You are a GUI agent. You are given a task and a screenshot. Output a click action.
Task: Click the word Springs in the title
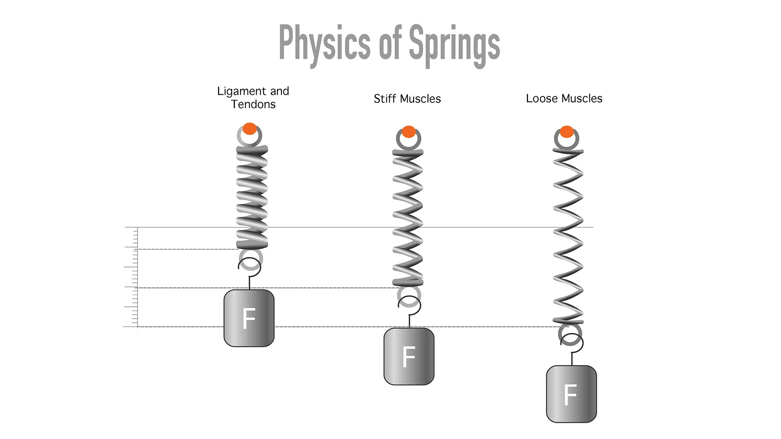click(454, 45)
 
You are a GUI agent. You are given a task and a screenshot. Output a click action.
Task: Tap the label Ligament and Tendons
click(253, 98)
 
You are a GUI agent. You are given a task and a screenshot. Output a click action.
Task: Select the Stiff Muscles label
click(407, 99)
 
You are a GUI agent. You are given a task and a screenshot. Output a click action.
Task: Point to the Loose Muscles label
click(564, 98)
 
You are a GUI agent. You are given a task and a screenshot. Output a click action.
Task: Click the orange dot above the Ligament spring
click(250, 128)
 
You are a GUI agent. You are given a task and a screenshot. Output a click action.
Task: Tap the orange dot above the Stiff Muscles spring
click(408, 132)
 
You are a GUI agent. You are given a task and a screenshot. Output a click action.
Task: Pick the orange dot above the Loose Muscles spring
click(567, 132)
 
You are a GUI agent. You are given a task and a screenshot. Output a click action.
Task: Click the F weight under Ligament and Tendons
click(249, 318)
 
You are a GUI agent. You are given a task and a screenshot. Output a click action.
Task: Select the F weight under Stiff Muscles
click(409, 356)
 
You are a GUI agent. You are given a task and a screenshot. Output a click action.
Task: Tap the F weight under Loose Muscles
click(571, 394)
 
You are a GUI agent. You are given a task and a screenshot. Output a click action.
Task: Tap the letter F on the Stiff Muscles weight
click(408, 356)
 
